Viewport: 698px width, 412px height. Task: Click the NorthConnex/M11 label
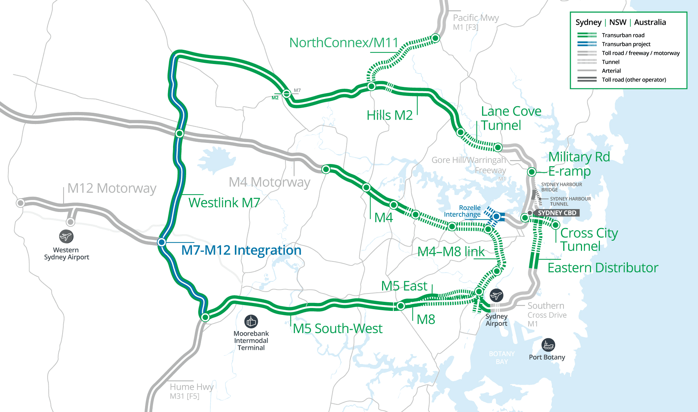pos(344,43)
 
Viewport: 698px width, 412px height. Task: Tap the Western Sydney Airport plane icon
pos(66,237)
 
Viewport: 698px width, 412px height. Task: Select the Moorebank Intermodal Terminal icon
pos(251,321)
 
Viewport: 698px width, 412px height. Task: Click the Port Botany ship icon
pos(548,345)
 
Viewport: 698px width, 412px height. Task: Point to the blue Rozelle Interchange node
pos(496,217)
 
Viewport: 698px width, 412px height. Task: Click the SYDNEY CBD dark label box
pos(557,213)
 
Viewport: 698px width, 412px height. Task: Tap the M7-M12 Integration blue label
pos(241,250)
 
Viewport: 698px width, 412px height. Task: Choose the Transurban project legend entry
pos(626,44)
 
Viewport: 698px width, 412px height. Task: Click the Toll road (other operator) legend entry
pos(634,80)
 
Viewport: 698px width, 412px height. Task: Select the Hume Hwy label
pos(191,387)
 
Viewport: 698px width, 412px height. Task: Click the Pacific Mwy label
pos(476,18)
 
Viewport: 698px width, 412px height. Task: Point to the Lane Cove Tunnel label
pos(510,118)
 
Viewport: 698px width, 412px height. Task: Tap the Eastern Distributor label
pos(602,268)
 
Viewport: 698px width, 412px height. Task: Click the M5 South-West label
pos(337,328)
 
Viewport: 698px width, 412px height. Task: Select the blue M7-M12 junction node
pos(161,242)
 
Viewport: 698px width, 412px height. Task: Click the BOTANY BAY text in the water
pos(501,357)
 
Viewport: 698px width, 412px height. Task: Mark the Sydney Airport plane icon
pos(496,295)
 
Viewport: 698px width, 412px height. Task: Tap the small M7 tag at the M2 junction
pos(297,90)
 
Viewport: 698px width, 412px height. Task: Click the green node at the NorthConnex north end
pos(436,38)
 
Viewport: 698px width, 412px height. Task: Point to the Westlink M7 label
pos(224,203)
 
